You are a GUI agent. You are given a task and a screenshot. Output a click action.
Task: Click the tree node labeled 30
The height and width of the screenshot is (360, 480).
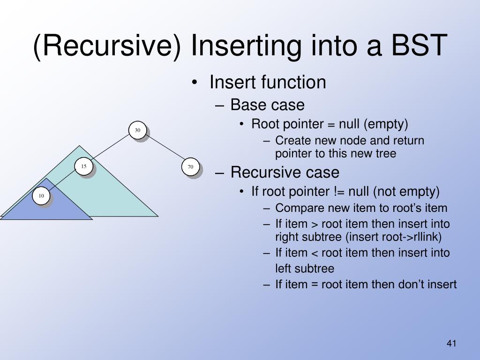(x=138, y=130)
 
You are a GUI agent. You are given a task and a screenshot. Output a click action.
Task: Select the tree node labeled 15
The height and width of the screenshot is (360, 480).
(x=84, y=166)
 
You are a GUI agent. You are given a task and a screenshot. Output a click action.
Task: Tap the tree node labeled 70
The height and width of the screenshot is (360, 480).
(x=190, y=167)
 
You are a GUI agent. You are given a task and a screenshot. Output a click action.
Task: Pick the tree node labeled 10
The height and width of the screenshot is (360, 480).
(x=41, y=195)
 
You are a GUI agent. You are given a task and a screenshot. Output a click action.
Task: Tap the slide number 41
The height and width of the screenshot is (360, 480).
(x=451, y=344)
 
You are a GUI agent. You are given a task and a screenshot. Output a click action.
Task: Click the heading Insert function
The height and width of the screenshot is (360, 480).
(x=268, y=82)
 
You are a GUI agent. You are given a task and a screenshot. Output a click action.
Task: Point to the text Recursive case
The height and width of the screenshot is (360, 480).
(x=285, y=172)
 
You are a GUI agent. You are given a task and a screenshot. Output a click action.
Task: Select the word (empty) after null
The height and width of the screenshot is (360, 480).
(x=387, y=124)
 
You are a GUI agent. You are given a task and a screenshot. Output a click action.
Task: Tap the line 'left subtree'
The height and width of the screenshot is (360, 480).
(x=305, y=269)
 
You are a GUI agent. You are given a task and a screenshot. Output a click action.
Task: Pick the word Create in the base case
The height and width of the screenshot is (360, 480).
(x=289, y=141)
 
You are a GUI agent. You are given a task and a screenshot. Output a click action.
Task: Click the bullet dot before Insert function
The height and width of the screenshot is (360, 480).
(x=195, y=83)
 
